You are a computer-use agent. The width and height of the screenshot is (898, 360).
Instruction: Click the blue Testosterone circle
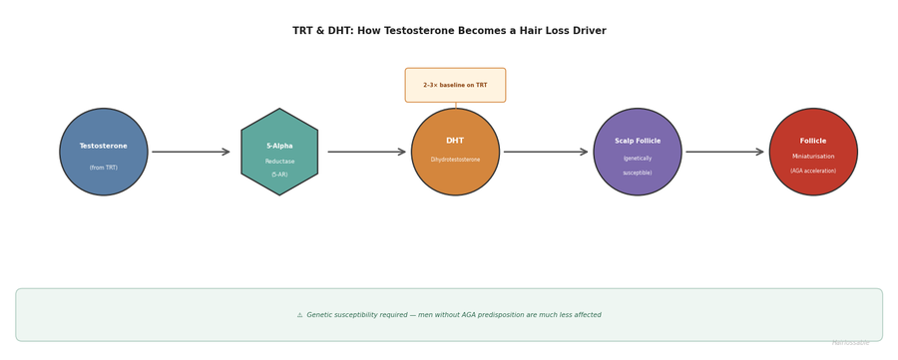pyautogui.click(x=104, y=152)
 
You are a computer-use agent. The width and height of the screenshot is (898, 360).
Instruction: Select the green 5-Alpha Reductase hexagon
pyautogui.click(x=279, y=152)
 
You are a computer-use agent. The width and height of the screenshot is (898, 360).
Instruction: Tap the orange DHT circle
pyautogui.click(x=455, y=152)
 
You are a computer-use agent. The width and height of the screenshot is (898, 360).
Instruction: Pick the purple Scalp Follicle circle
pyautogui.click(x=638, y=152)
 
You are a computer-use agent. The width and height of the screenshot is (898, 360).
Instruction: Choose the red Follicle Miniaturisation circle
pyautogui.click(x=813, y=152)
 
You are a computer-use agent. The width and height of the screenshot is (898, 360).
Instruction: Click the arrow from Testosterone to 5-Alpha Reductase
pyautogui.click(x=191, y=152)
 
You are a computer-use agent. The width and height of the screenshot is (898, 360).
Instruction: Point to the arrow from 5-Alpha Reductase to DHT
pyautogui.click(x=366, y=152)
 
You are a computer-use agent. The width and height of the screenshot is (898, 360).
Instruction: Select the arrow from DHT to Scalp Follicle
pyautogui.click(x=546, y=152)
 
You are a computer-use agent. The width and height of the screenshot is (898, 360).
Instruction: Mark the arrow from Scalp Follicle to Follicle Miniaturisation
pyautogui.click(x=725, y=152)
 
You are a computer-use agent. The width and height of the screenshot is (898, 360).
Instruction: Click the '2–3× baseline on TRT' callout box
pyautogui.click(x=455, y=85)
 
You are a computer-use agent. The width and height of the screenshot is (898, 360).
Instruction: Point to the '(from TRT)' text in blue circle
pyautogui.click(x=104, y=168)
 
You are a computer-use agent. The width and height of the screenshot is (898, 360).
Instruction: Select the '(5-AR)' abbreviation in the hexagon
pyautogui.click(x=279, y=175)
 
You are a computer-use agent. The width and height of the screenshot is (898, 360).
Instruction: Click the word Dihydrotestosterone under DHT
pyautogui.click(x=455, y=160)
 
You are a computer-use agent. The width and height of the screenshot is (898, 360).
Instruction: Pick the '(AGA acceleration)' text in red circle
pyautogui.click(x=813, y=171)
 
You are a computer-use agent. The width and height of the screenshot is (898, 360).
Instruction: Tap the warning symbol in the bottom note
pyautogui.click(x=299, y=315)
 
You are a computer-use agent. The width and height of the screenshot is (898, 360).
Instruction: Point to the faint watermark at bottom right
pyautogui.click(x=850, y=343)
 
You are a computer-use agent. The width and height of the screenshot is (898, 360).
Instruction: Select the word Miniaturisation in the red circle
pyautogui.click(x=813, y=157)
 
